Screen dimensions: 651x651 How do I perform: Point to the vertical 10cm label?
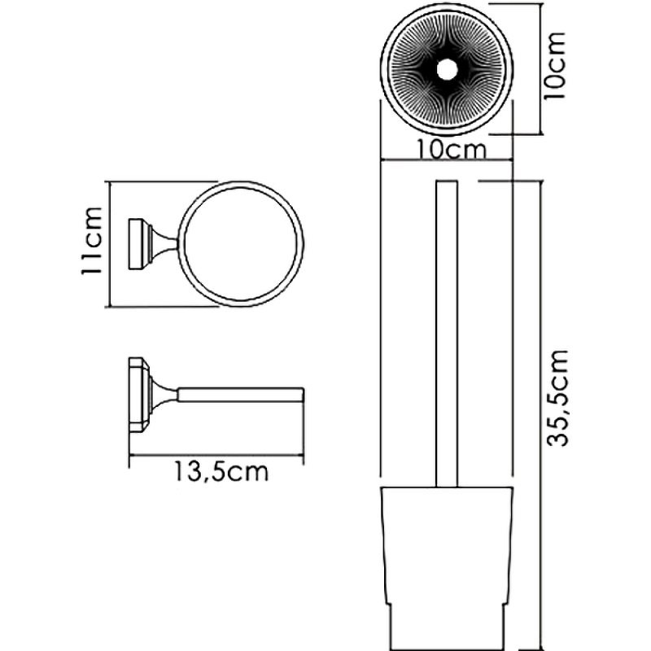(557, 68)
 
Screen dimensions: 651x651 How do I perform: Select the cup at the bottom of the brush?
(445, 553)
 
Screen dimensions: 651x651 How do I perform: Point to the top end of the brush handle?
(446, 179)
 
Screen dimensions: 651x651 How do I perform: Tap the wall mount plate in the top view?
(136, 243)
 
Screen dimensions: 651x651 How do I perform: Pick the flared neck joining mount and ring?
(163, 243)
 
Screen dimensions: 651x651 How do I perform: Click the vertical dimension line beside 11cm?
(108, 243)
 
